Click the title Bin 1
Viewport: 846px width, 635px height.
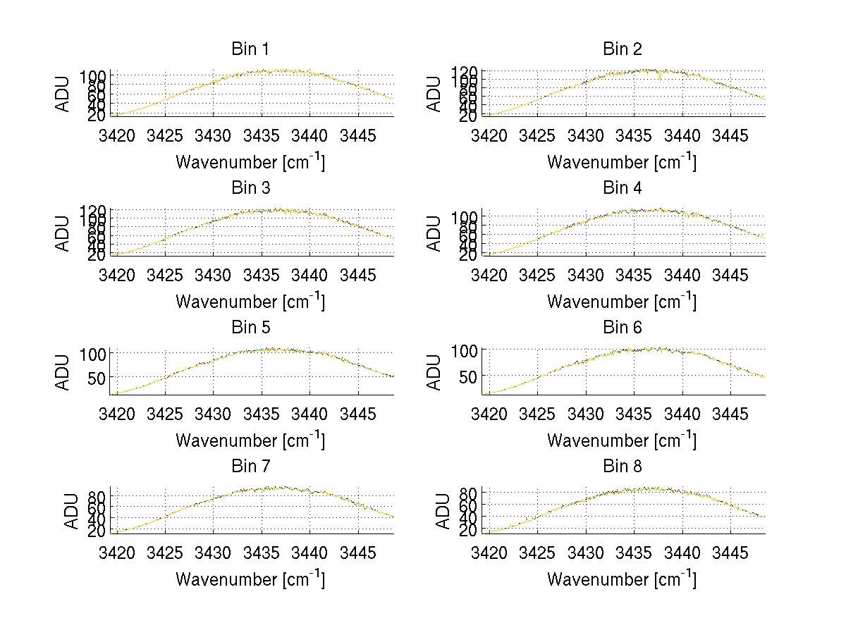pyautogui.click(x=250, y=49)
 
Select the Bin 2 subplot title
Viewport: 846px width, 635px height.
pyautogui.click(x=623, y=49)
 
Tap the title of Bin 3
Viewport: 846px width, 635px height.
pyautogui.click(x=250, y=188)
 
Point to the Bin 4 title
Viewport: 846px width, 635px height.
pyautogui.click(x=623, y=188)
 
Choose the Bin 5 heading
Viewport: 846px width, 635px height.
pyautogui.click(x=250, y=328)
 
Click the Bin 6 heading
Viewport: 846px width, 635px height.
pyautogui.click(x=623, y=328)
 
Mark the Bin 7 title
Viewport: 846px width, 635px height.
pyautogui.click(x=250, y=467)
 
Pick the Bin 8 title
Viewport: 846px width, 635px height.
pyautogui.click(x=623, y=467)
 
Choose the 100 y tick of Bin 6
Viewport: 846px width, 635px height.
pyautogui.click(x=465, y=350)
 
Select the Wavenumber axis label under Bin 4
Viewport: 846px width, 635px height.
pyautogui.click(x=622, y=301)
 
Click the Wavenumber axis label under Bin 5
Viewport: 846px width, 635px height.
pyautogui.click(x=250, y=440)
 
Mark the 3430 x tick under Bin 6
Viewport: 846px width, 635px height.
pyautogui.click(x=586, y=414)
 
